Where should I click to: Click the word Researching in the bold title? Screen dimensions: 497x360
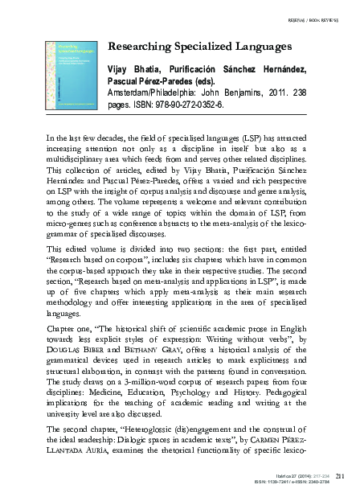click(138, 48)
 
